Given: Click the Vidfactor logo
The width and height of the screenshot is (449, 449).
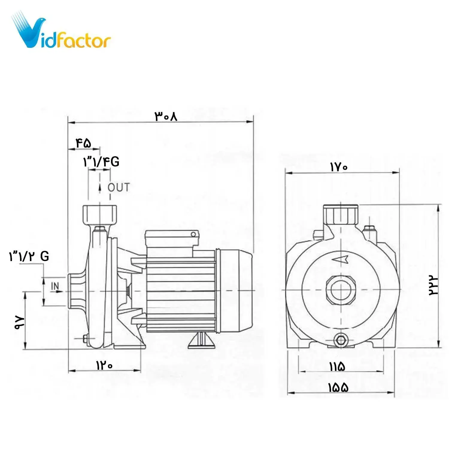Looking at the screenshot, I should coord(61,31).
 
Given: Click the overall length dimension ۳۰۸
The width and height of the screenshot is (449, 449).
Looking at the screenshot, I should coord(166,116).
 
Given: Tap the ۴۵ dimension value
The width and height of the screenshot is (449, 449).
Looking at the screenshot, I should coord(83,143).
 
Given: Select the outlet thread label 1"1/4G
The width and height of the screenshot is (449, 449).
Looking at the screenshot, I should coord(101,162).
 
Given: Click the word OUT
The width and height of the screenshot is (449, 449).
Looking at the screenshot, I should coord(119,188).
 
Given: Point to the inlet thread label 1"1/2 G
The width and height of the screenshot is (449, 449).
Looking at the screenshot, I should coord(29,256).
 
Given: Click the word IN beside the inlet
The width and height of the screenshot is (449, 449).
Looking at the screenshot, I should coord(55,286).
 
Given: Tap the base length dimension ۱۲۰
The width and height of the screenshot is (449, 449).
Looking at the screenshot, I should coord(104,365).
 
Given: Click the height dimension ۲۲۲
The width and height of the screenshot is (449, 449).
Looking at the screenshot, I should coord(433,285).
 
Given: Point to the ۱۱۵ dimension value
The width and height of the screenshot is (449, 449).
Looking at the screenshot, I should coord(337,366).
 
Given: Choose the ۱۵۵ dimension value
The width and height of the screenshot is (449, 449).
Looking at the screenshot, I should coord(339,388).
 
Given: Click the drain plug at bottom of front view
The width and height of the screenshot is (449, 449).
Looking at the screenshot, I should coord(341,340).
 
